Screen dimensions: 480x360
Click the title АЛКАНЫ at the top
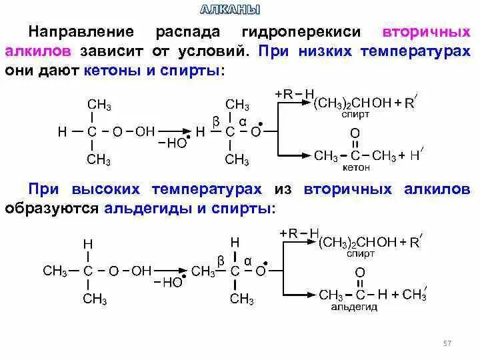coord(231,9)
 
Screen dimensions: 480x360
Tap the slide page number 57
coord(447,343)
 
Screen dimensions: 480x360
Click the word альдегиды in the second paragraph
coord(146,208)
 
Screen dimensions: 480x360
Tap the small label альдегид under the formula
coord(354,307)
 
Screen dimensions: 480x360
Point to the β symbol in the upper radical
coord(215,120)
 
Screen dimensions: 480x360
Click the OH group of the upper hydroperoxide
coord(145,132)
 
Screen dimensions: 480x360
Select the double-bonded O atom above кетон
coord(355,133)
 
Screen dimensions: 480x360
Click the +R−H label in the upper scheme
coord(294,94)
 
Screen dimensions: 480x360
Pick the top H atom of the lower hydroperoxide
coord(87,245)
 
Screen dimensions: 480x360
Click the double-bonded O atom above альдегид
coord(359,273)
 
